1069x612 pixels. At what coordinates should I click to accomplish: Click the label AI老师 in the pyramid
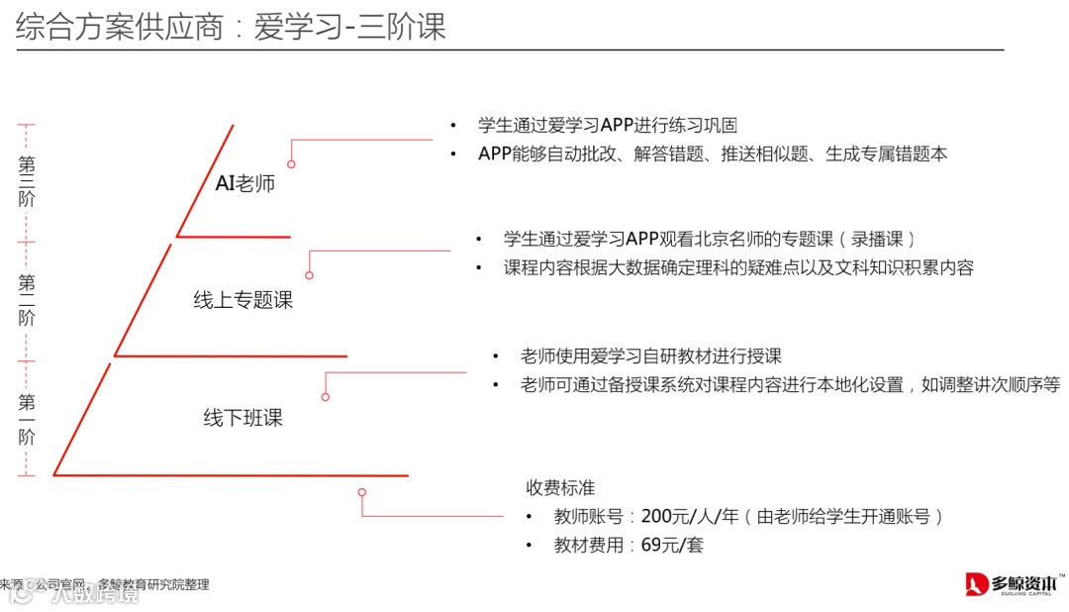click(x=244, y=183)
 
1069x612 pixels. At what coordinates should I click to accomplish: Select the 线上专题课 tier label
click(x=243, y=300)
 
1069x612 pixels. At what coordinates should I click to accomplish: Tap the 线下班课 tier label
click(x=243, y=418)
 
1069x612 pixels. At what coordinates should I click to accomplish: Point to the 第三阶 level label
click(x=27, y=182)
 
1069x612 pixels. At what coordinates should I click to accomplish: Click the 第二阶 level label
click(x=27, y=301)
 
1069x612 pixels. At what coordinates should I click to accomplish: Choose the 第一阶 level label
click(x=27, y=419)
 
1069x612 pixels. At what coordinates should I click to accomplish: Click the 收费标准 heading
click(x=560, y=487)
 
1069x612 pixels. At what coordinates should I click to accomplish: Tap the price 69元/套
click(x=672, y=545)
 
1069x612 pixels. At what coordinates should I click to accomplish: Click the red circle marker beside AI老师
click(x=291, y=164)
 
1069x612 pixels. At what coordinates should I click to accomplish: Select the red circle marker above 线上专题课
click(x=309, y=275)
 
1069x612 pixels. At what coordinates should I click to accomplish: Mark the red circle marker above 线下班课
click(x=326, y=397)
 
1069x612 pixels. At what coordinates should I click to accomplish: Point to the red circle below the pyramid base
click(x=362, y=492)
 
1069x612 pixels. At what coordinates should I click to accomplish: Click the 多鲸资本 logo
click(x=1016, y=583)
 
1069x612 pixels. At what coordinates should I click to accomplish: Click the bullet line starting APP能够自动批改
click(x=713, y=153)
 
